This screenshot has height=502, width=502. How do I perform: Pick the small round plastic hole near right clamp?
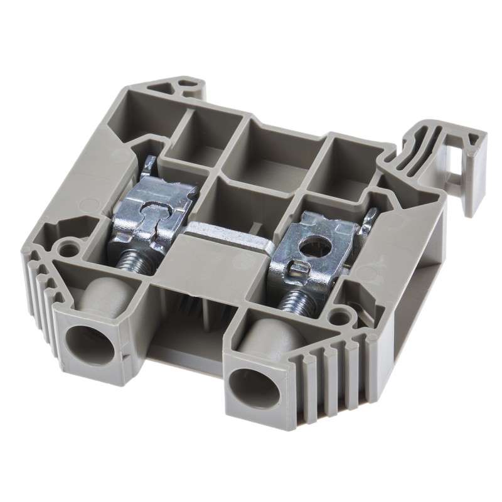pos(341,309)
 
